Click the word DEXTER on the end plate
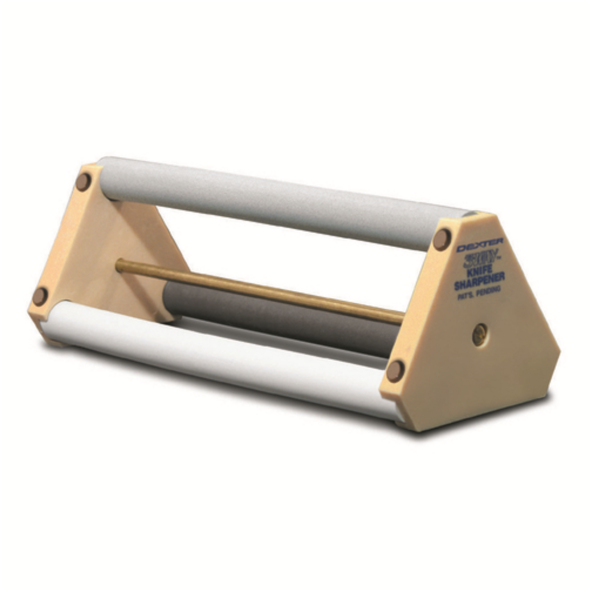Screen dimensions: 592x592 click(480, 246)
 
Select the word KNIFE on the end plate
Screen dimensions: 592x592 click(480, 271)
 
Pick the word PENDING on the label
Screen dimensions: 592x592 click(489, 290)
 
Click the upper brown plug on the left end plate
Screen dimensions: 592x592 click(83, 181)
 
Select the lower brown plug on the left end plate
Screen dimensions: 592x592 click(40, 296)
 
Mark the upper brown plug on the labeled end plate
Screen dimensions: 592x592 click(442, 239)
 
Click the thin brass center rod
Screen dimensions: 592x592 click(262, 289)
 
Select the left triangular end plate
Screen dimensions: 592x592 click(102, 254)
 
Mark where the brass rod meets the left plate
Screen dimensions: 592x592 click(119, 265)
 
